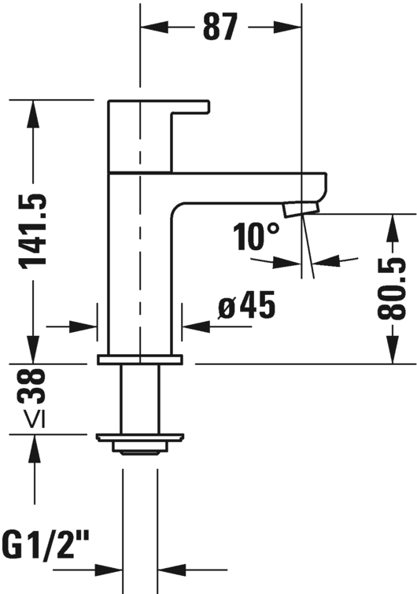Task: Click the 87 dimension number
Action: point(220,27)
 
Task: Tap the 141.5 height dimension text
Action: point(33,232)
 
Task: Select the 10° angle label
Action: point(256,237)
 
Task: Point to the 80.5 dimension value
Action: point(392,288)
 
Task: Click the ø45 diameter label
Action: point(246,305)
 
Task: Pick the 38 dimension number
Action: point(31,387)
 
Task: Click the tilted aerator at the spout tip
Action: point(302,208)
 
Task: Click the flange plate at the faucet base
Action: point(140,360)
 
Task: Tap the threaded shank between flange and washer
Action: point(140,400)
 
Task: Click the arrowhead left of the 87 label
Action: point(153,28)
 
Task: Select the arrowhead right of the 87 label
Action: point(288,28)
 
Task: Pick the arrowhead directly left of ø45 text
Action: point(196,326)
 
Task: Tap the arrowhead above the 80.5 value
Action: point(393,227)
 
